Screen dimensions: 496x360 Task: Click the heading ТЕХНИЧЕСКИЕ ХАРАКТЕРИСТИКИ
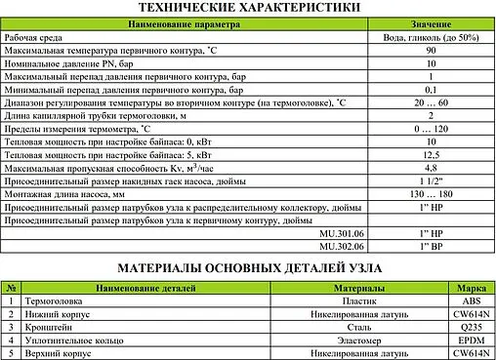point(248,9)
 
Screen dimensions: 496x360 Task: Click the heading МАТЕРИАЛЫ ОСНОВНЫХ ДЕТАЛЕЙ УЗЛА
point(247,267)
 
